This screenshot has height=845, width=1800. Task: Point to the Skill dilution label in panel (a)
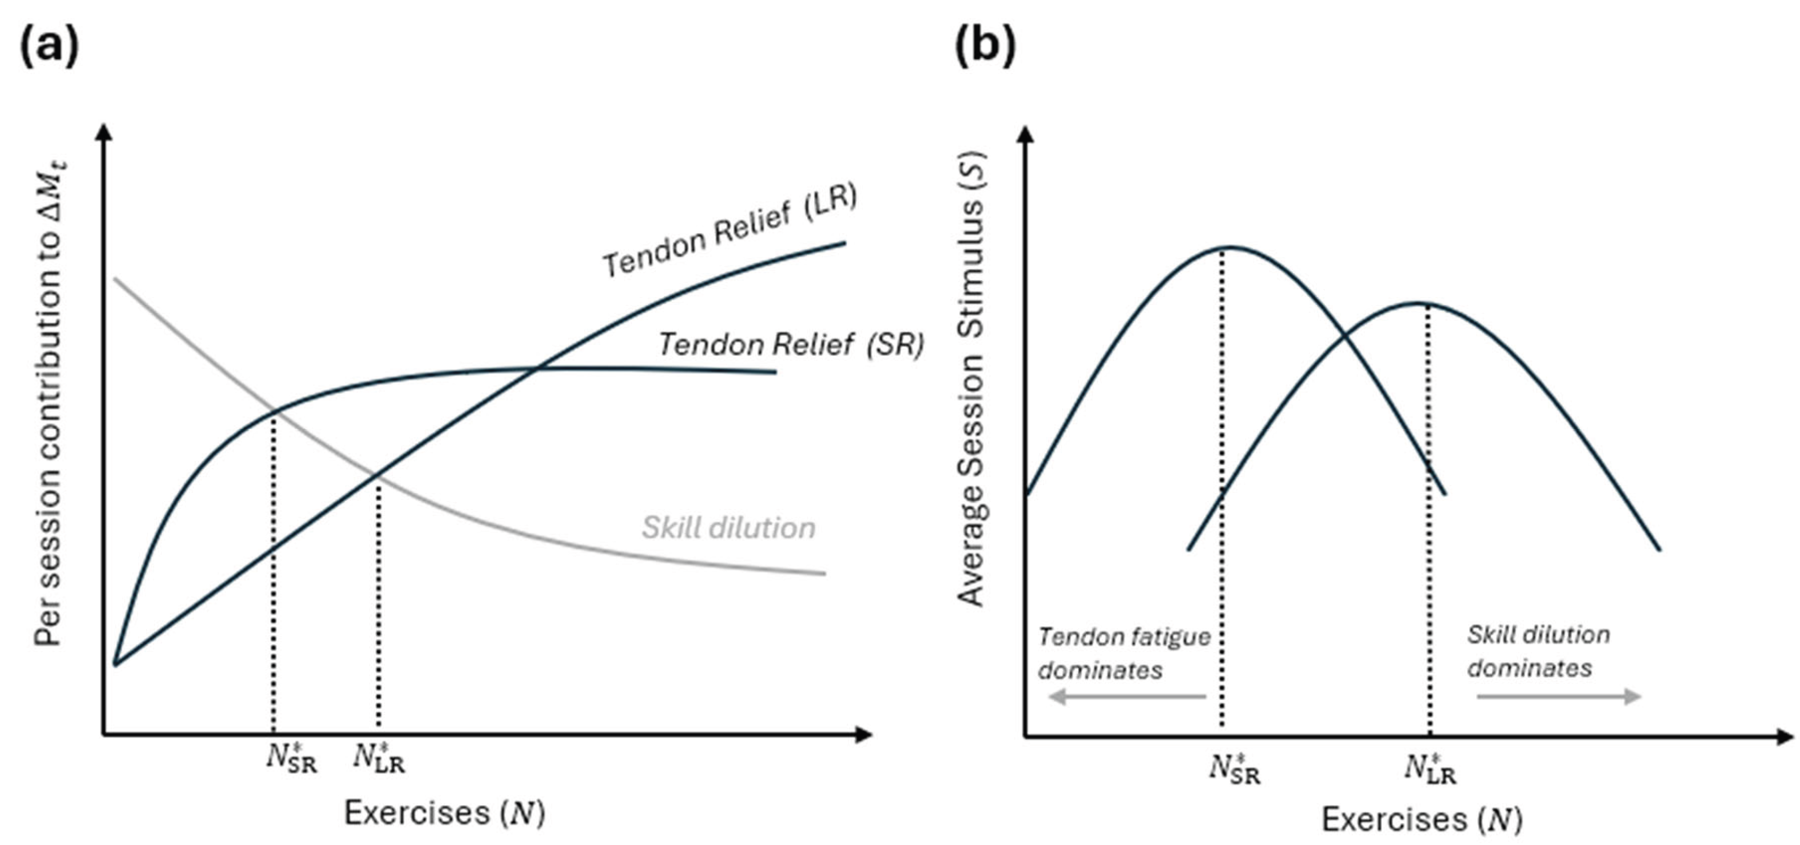click(x=729, y=528)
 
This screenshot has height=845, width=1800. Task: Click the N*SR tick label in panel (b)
click(x=1235, y=769)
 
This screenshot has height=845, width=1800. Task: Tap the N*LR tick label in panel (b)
click(x=1430, y=769)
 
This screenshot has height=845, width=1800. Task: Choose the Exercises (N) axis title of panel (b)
click(x=1421, y=820)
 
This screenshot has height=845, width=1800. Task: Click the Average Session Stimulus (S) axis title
click(x=971, y=380)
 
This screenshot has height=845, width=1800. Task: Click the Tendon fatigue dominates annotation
click(x=1123, y=654)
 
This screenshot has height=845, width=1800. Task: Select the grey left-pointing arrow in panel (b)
click(x=1128, y=697)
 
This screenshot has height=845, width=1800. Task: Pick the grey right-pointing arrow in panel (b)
click(x=1558, y=697)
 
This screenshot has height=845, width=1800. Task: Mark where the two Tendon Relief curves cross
click(x=536, y=368)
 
